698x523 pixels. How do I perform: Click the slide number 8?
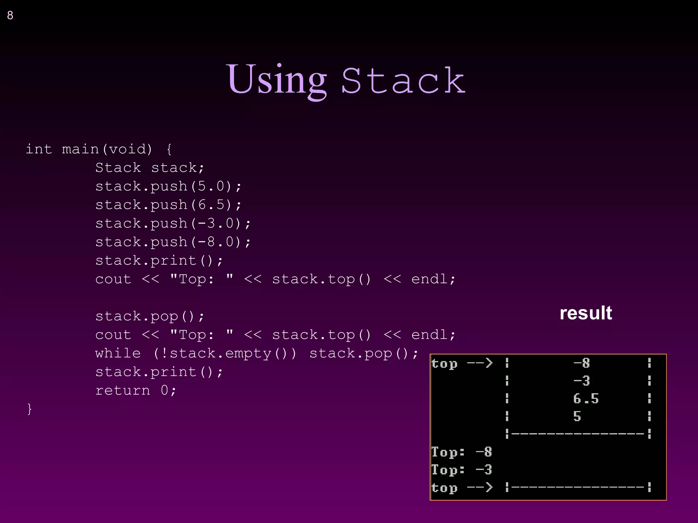[10, 15]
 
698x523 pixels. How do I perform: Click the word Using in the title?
[276, 80]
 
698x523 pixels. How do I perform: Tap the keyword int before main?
[39, 149]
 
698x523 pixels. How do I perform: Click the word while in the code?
[118, 353]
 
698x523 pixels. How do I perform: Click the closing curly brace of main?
[30, 409]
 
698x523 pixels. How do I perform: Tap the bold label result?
[586, 313]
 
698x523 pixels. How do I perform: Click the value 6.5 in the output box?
[586, 398]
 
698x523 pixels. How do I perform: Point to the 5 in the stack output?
[577, 416]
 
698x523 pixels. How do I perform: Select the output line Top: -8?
[461, 452]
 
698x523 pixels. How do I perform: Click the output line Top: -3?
[461, 470]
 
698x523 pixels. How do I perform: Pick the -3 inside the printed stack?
[581, 381]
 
